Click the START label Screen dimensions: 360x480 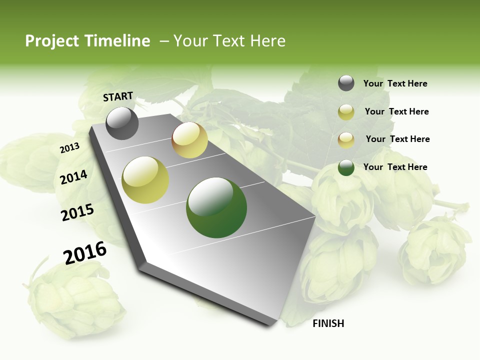click(118, 96)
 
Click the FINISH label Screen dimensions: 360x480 click(328, 323)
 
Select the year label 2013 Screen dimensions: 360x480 click(69, 148)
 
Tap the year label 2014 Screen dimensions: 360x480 click(73, 177)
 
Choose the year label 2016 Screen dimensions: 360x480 click(85, 253)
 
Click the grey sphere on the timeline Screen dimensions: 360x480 click(122, 123)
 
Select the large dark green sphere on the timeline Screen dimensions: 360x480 click(216, 207)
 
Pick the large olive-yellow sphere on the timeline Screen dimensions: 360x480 click(145, 180)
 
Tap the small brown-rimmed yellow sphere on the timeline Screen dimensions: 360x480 click(189, 140)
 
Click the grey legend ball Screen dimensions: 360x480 click(346, 83)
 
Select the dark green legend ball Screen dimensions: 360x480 click(346, 167)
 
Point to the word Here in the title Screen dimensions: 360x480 click(267, 41)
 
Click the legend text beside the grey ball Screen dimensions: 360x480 click(395, 83)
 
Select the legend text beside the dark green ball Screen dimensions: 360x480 click(395, 167)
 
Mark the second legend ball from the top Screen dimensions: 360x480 click(346, 112)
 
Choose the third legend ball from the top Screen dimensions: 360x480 click(346, 140)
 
